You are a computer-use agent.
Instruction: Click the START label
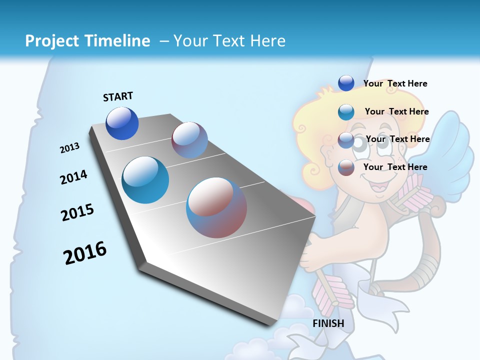tap(118, 96)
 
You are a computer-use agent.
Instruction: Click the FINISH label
tap(328, 323)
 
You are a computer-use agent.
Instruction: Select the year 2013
tap(69, 148)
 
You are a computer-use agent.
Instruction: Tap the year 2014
tap(73, 177)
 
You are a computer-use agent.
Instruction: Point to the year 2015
tap(77, 212)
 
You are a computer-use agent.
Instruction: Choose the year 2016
tap(85, 252)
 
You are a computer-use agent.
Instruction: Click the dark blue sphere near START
tap(122, 123)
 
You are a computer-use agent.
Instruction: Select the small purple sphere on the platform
tap(189, 140)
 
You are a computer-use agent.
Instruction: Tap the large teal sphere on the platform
tap(145, 180)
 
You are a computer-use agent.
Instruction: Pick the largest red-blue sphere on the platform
tap(216, 207)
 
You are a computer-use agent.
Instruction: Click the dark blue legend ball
tap(346, 83)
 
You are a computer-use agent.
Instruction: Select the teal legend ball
tap(346, 112)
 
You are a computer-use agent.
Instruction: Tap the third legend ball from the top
tap(346, 140)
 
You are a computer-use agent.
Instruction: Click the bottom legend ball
tap(346, 167)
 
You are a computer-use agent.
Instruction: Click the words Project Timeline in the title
tap(87, 41)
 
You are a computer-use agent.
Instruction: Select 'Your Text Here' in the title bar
tap(229, 41)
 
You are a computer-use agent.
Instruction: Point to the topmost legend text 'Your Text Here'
tap(395, 83)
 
